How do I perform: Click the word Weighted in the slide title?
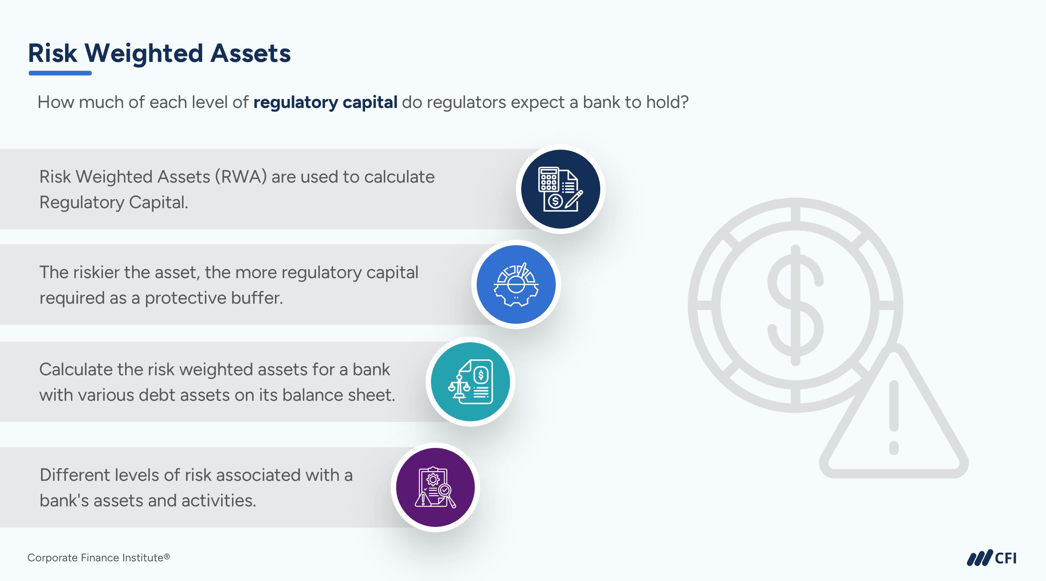(144, 53)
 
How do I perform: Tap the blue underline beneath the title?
(60, 73)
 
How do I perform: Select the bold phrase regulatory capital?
(325, 102)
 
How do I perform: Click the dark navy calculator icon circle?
(560, 189)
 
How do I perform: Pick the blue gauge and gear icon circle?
(516, 284)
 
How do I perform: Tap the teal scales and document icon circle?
(470, 382)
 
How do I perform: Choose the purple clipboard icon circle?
(435, 487)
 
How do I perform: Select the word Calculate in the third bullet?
(76, 370)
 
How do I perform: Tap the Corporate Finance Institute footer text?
(99, 558)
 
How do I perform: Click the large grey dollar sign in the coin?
(795, 305)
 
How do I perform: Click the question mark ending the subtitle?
(684, 102)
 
